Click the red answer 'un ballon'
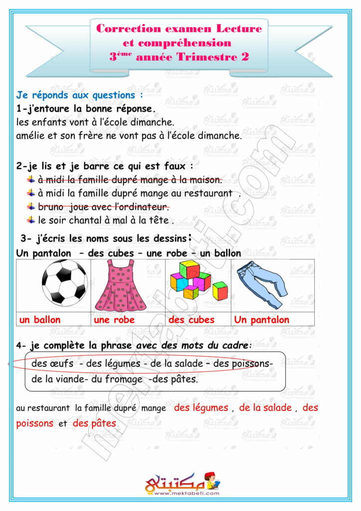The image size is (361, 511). point(40,320)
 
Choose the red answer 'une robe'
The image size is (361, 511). point(114,320)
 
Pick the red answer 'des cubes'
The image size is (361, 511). point(191,320)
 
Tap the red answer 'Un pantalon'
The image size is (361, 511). point(261,320)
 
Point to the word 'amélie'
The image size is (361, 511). point(31,135)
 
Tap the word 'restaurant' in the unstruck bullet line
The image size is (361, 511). point(210,193)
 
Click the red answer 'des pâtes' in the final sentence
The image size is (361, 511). point(94,424)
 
